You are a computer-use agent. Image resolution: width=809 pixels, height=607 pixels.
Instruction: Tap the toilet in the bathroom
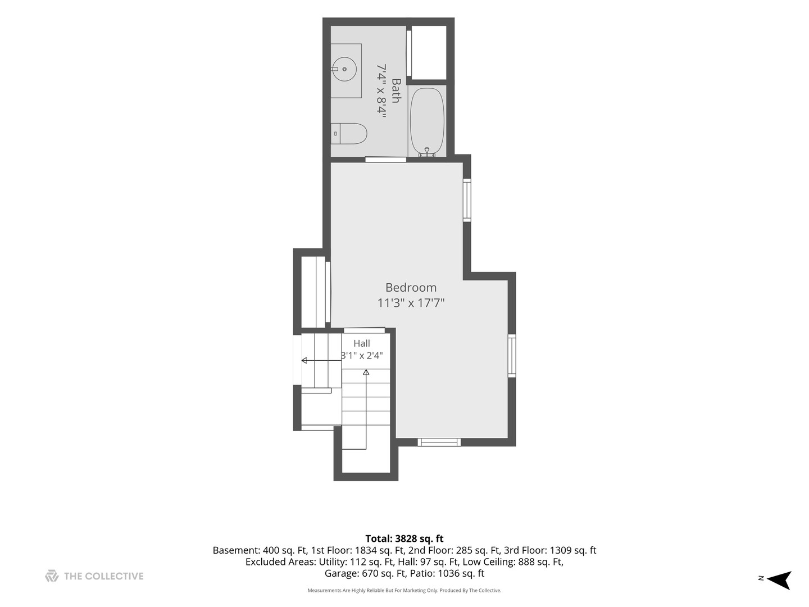click(349, 133)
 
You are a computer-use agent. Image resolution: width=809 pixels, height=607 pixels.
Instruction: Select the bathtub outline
click(427, 120)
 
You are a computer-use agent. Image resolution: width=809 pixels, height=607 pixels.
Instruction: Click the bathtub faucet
click(427, 152)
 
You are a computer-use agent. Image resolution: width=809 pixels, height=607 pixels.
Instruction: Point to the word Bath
click(396, 90)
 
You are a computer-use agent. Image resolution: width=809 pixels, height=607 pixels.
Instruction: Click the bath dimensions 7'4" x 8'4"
click(381, 90)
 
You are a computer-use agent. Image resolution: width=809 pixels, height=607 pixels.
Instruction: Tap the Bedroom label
click(411, 287)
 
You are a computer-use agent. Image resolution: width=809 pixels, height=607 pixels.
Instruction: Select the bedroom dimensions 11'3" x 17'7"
click(411, 303)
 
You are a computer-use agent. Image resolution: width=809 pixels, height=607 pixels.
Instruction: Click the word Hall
click(362, 343)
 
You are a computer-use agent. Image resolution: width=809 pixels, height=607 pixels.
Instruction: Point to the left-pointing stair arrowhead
click(304, 360)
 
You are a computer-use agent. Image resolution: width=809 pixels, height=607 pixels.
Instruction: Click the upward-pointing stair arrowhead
click(366, 373)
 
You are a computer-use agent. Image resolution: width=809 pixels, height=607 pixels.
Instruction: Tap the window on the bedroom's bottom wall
click(439, 442)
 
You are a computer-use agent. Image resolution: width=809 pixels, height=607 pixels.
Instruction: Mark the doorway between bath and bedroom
click(385, 160)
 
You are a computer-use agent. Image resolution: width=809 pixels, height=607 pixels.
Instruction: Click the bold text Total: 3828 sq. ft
click(404, 539)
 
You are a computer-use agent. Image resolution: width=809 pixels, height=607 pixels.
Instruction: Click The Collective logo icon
click(52, 576)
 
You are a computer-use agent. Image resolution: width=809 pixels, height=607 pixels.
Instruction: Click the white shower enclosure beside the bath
click(429, 52)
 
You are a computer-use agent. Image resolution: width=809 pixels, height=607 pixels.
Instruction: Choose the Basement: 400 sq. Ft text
click(260, 551)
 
